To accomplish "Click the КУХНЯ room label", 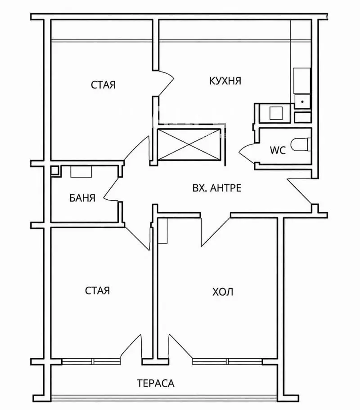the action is point(225,81).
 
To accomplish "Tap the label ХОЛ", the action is point(222,292).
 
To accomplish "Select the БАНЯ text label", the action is point(82,198).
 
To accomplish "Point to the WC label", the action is point(278,150).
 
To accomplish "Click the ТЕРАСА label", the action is point(156,383).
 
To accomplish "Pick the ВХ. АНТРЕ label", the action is point(217,188).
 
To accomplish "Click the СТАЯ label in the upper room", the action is point(103,85).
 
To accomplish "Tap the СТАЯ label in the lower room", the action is point(97,290).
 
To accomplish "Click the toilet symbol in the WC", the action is point(301,144).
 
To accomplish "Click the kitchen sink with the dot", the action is point(302,101).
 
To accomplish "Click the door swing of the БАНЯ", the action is point(112,189).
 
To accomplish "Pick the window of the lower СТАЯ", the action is point(91,361).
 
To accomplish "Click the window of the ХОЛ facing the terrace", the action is point(227,361).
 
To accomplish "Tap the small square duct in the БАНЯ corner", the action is point(54,171).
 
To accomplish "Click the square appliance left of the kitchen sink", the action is point(276,113).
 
